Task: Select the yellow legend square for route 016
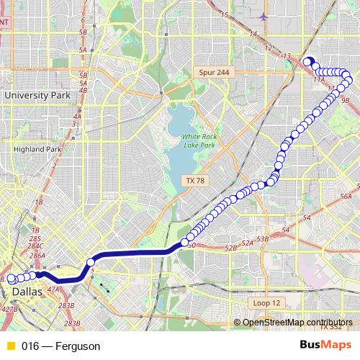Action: (10, 346)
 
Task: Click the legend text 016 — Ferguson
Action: (60, 346)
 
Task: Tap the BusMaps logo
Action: (325, 346)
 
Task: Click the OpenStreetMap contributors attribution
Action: (293, 323)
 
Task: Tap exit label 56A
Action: (346, 196)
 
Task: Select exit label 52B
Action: (230, 248)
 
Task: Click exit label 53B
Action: (262, 238)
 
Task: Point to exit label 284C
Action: (35, 246)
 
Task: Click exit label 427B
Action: (9, 309)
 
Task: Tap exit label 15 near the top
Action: (225, 14)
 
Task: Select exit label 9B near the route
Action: (345, 101)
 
